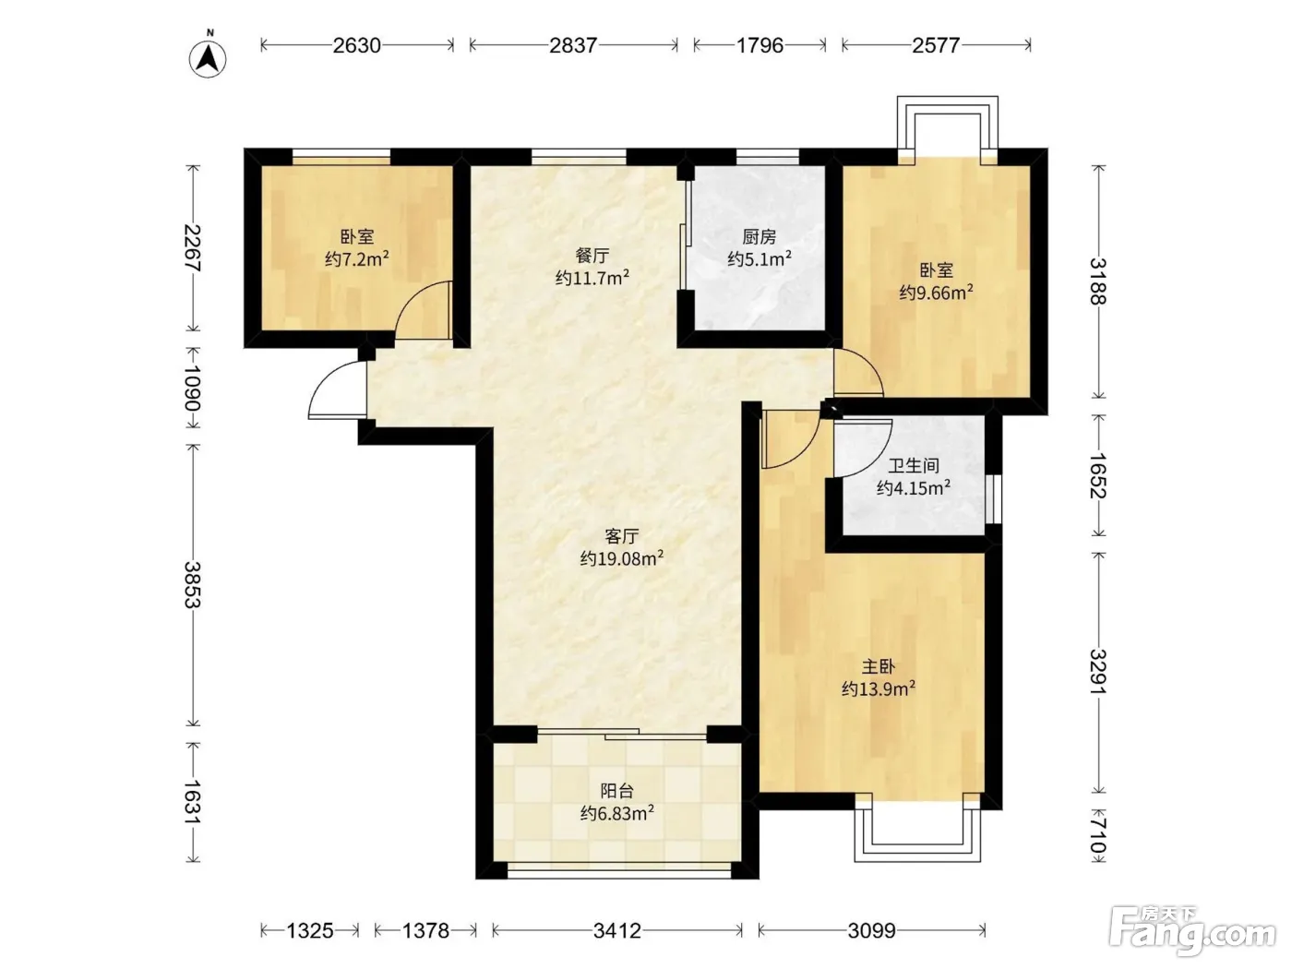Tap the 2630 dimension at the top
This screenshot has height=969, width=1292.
pos(357,45)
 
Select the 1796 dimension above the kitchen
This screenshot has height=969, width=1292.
pos(760,45)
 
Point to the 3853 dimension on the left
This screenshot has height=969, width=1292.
pos(193,585)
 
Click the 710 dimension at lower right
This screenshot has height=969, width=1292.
pos(1098,835)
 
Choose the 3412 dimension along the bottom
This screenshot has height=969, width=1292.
pos(616,930)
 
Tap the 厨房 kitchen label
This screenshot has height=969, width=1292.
pos(759,237)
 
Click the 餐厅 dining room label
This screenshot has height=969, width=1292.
pos(592,256)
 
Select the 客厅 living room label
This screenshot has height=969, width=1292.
pos(622,536)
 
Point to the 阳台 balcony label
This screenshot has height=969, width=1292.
pos(616,791)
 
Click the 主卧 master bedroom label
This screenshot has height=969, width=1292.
pos(879,666)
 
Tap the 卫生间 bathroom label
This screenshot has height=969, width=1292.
pos(913,466)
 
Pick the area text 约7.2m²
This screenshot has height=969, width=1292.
pos(357,258)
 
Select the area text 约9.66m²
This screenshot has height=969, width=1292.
pos(936,292)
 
